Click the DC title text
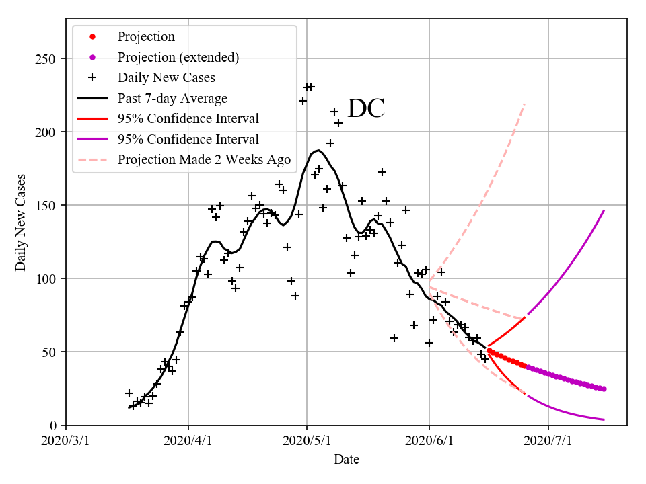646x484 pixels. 366,109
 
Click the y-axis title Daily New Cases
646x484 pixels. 21,222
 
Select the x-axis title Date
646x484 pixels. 347,460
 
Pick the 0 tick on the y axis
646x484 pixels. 54,426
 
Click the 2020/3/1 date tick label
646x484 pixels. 66,441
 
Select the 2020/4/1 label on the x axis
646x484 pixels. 188,441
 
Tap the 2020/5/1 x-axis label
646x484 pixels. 307,441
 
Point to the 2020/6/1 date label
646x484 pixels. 429,441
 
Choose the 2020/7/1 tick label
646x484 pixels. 548,441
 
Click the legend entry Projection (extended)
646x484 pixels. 178,57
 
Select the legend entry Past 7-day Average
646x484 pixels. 172,98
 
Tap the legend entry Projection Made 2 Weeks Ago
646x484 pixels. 204,159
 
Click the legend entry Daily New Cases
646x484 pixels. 166,77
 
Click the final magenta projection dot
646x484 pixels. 604,389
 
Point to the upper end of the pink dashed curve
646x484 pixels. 525,104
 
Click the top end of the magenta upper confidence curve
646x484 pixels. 604,210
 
